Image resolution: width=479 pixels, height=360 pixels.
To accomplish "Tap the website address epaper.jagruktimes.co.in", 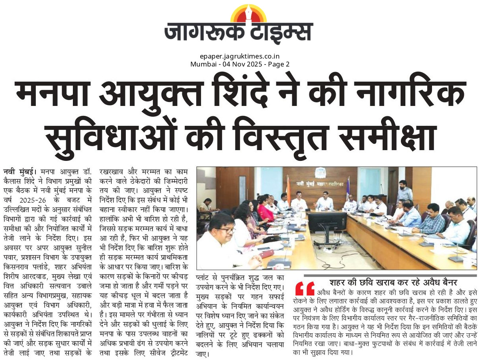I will coord(239,57).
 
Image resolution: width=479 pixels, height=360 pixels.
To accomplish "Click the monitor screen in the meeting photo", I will coord(327,221).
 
